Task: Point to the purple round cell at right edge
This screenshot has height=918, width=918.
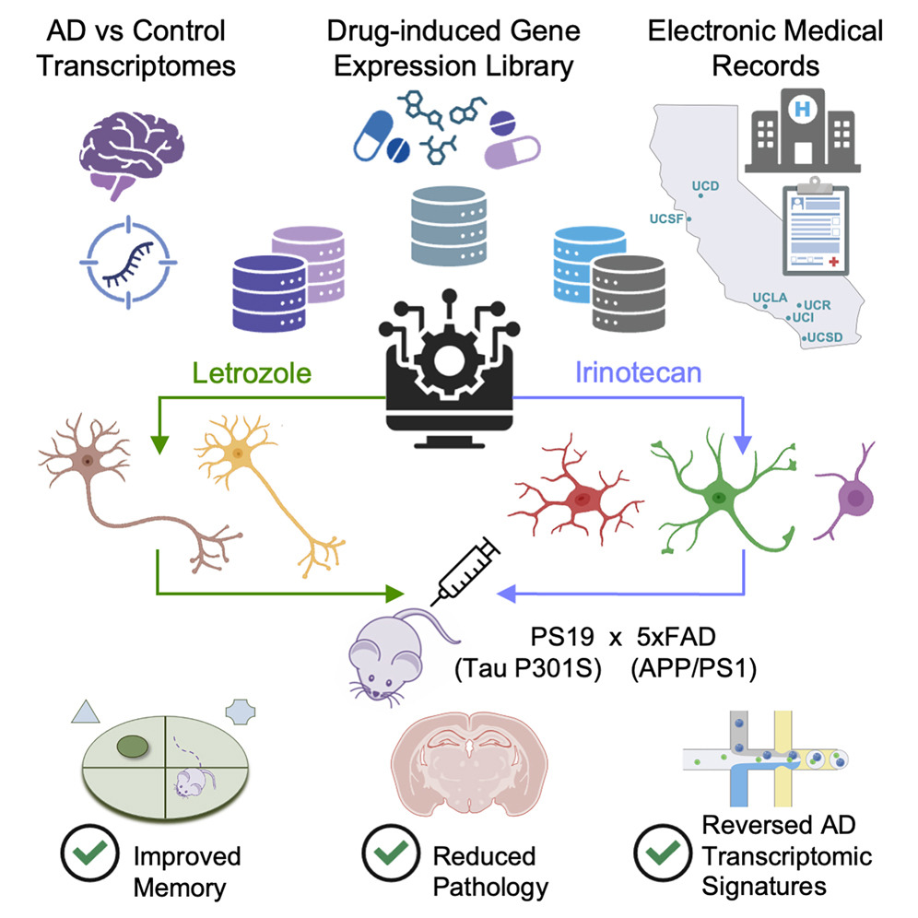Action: [x=854, y=498]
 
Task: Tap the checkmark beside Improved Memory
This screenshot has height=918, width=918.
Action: [x=84, y=857]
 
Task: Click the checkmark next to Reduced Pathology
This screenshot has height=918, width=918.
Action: [x=384, y=857]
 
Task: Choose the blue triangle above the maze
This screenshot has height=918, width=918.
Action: [x=84, y=713]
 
